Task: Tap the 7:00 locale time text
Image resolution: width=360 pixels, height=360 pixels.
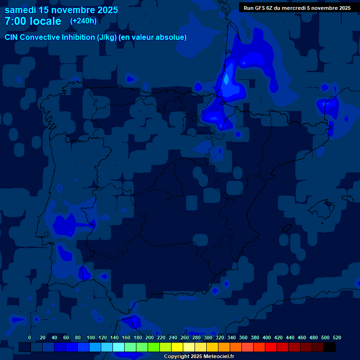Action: pyautogui.click(x=33, y=22)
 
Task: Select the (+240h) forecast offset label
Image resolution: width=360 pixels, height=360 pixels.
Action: pyautogui.click(x=83, y=21)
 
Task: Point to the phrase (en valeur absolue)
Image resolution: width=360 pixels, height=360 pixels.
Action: pyautogui.click(x=153, y=37)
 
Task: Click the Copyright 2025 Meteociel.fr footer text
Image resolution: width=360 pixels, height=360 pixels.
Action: pyautogui.click(x=199, y=356)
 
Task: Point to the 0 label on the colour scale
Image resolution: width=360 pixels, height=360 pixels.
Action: pyautogui.click(x=30, y=337)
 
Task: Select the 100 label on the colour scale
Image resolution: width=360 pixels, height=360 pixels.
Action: pyautogui.click(x=91, y=337)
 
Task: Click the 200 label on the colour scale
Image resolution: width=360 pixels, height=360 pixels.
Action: pyautogui.click(x=150, y=337)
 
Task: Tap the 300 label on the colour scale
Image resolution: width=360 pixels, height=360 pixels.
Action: pyautogui.click(x=208, y=337)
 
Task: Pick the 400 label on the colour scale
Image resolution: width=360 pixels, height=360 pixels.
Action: pyautogui.click(x=267, y=337)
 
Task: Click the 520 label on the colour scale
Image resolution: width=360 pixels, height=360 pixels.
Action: pyautogui.click(x=337, y=337)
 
